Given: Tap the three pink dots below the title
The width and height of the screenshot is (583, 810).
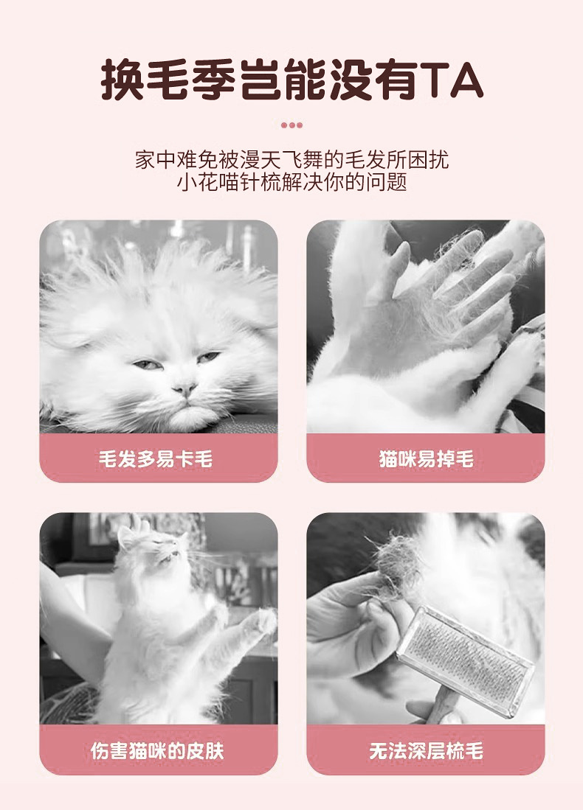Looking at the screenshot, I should [x=291, y=125].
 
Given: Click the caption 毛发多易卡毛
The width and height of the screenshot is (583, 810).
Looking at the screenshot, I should [x=156, y=459].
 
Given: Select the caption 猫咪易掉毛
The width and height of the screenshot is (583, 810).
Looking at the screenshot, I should [x=426, y=459].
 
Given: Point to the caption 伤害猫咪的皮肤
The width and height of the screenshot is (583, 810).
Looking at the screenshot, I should [x=157, y=751].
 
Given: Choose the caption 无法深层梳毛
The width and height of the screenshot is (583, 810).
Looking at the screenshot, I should [x=426, y=751].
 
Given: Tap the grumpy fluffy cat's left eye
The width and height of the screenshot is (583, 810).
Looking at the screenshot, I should [x=146, y=364].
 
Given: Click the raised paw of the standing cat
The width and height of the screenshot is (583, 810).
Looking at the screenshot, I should [x=262, y=623].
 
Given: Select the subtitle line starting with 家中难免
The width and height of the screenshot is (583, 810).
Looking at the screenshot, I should [x=291, y=159].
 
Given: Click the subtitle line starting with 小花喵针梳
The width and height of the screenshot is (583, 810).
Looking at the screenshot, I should [x=291, y=183].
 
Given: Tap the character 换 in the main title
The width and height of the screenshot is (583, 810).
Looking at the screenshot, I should [x=122, y=81].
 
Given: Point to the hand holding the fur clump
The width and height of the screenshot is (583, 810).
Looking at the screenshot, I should [x=347, y=626].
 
